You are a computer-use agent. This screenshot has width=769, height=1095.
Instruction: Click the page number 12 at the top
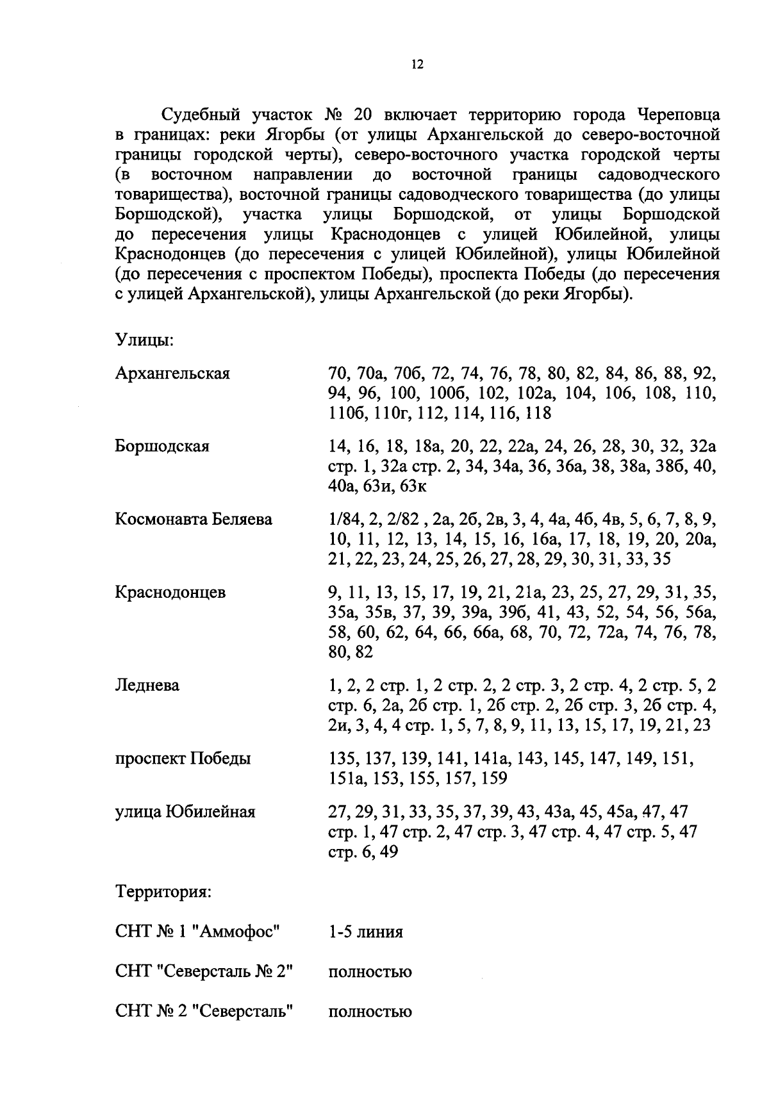click(417, 65)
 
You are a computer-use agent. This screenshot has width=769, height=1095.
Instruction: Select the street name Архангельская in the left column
click(172, 374)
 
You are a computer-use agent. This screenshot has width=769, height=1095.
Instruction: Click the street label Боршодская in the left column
click(162, 447)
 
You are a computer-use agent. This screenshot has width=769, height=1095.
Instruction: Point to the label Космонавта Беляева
click(194, 519)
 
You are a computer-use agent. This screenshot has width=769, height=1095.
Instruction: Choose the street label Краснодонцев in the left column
click(170, 592)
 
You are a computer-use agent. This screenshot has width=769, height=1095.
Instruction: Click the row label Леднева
click(147, 686)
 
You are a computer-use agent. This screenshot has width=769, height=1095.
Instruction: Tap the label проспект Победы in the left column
click(183, 759)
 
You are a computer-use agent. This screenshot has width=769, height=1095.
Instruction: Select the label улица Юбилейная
click(185, 812)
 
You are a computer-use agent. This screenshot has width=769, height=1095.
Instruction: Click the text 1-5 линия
click(365, 932)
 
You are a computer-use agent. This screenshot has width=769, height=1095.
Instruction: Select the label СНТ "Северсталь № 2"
click(204, 972)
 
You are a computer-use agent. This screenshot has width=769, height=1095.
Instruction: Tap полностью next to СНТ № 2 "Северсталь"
click(370, 1012)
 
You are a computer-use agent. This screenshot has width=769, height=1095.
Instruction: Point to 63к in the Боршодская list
click(413, 487)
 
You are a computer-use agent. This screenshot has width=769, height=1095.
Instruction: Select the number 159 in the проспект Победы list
click(493, 778)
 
